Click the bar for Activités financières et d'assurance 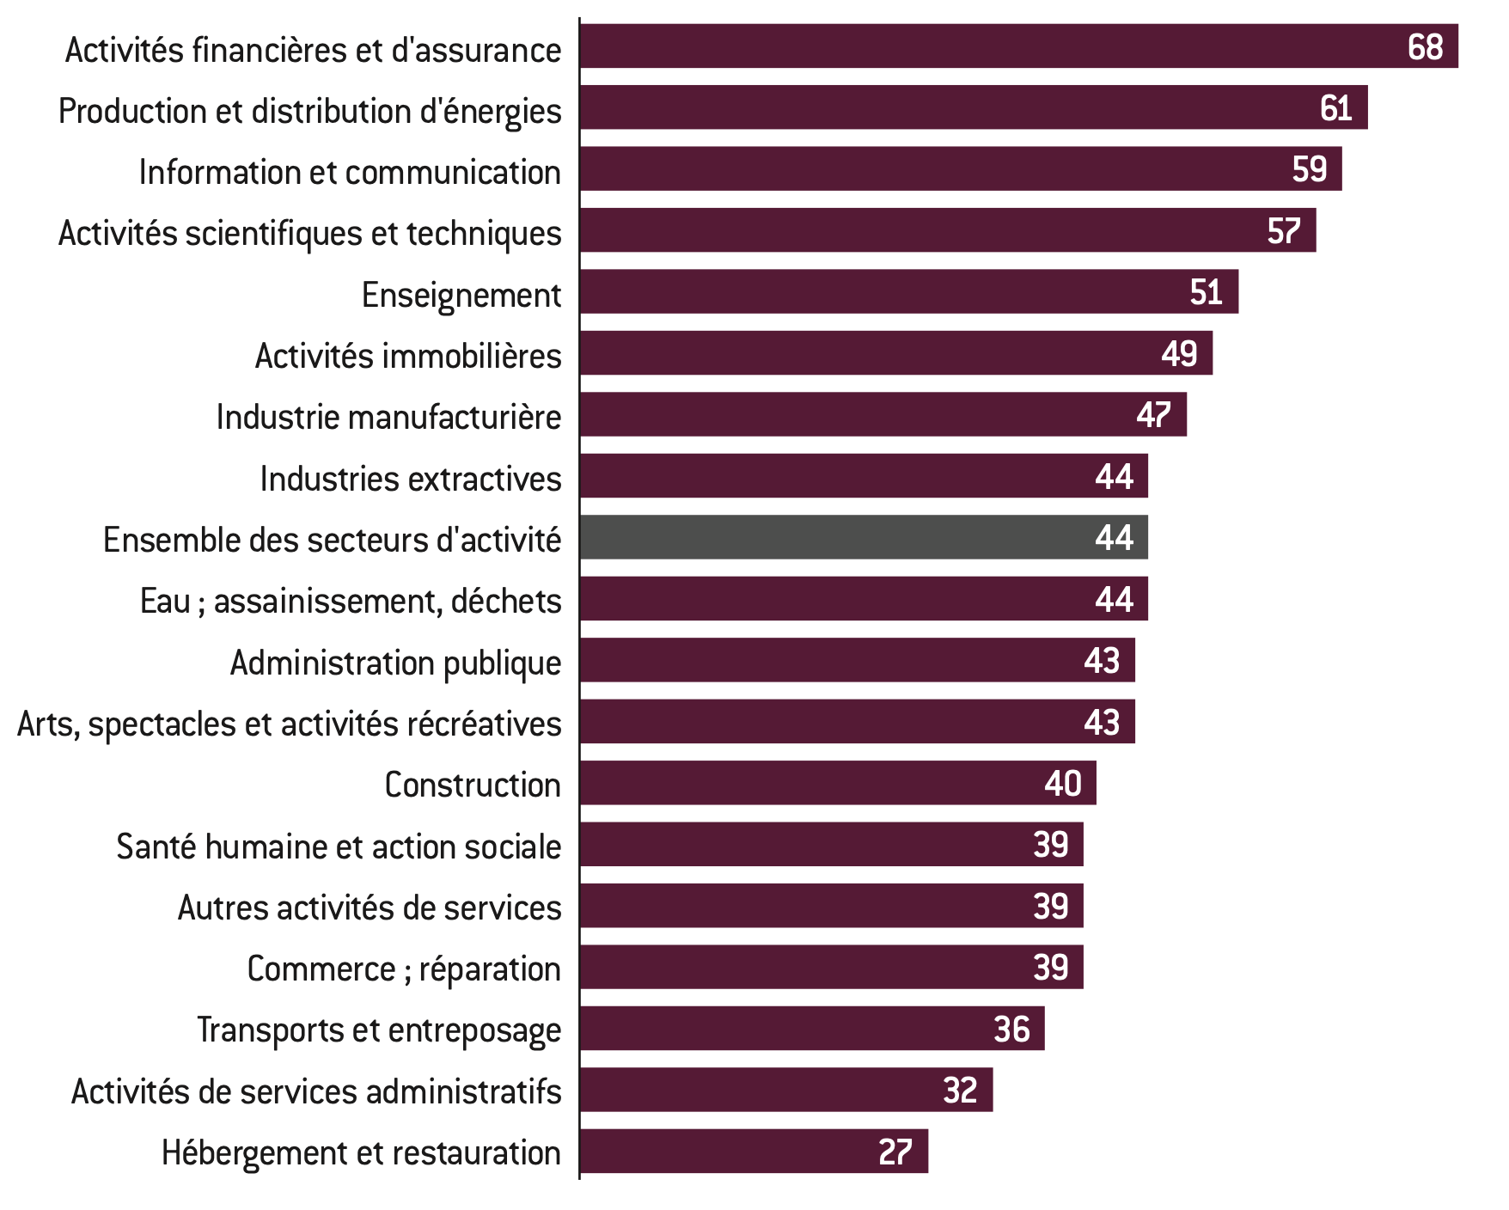[x=988, y=46]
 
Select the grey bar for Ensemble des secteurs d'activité [x=859, y=537]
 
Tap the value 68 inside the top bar [x=1425, y=47]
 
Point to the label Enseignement [x=461, y=295]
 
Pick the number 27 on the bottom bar [x=895, y=1152]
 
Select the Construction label [x=472, y=785]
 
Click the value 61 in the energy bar [x=1335, y=108]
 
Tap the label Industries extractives [x=410, y=479]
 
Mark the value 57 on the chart [x=1284, y=231]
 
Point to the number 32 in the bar [x=960, y=1091]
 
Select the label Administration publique [x=395, y=663]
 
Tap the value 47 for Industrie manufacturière [x=1153, y=415]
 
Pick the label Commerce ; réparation [x=403, y=969]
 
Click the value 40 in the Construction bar [x=1063, y=783]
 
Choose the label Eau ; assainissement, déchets [x=351, y=601]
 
